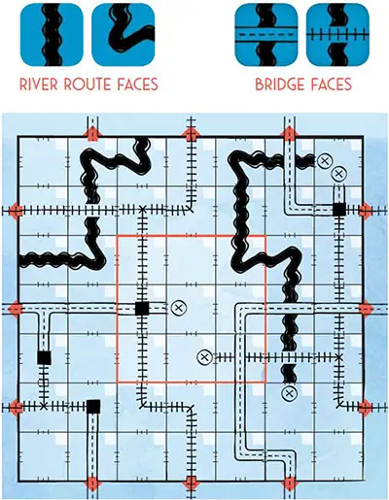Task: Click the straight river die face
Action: tap(52, 35)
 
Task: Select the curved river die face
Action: tap(124, 35)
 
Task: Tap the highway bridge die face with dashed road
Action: tap(265, 35)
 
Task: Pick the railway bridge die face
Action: tap(337, 35)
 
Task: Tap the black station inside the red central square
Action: tap(142, 308)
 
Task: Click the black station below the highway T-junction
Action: tap(44, 357)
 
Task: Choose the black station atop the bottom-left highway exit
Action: tap(93, 407)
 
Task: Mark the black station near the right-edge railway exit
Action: tap(339, 210)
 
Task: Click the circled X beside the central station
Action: tap(178, 308)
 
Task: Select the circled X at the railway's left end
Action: tap(204, 357)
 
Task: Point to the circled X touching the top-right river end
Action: tap(324, 160)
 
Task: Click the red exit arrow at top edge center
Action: tap(191, 134)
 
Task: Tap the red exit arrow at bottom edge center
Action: tap(191, 483)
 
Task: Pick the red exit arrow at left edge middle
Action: tap(16, 308)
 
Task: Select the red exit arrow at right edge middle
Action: tap(366, 308)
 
